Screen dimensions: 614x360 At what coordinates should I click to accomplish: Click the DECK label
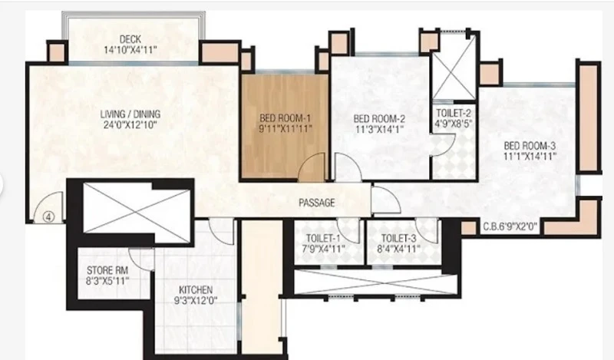[130, 39]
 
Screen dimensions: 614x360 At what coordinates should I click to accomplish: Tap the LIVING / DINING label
[130, 114]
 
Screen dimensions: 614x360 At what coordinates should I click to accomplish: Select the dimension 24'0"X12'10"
[130, 125]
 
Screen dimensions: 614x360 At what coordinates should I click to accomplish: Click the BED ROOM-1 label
[285, 118]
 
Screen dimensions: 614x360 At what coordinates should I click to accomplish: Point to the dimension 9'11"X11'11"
[286, 128]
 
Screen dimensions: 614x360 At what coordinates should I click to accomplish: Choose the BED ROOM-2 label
[379, 119]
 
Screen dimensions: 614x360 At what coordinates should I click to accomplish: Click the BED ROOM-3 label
[530, 146]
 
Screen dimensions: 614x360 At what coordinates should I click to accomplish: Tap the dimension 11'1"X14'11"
[530, 157]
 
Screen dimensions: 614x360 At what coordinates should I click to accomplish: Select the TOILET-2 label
[454, 113]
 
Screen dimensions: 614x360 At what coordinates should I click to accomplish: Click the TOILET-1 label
[323, 238]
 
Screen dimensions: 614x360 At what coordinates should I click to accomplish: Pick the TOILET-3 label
[398, 238]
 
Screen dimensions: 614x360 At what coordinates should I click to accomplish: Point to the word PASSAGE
[317, 203]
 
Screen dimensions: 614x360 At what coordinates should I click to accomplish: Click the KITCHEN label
[196, 290]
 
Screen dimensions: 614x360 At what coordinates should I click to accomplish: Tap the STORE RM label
[107, 270]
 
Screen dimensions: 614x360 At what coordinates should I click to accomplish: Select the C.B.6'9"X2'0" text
[510, 226]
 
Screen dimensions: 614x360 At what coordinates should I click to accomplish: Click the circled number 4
[48, 216]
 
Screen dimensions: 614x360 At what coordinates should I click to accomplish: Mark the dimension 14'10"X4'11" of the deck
[130, 50]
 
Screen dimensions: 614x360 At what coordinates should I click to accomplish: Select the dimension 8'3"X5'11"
[107, 280]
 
